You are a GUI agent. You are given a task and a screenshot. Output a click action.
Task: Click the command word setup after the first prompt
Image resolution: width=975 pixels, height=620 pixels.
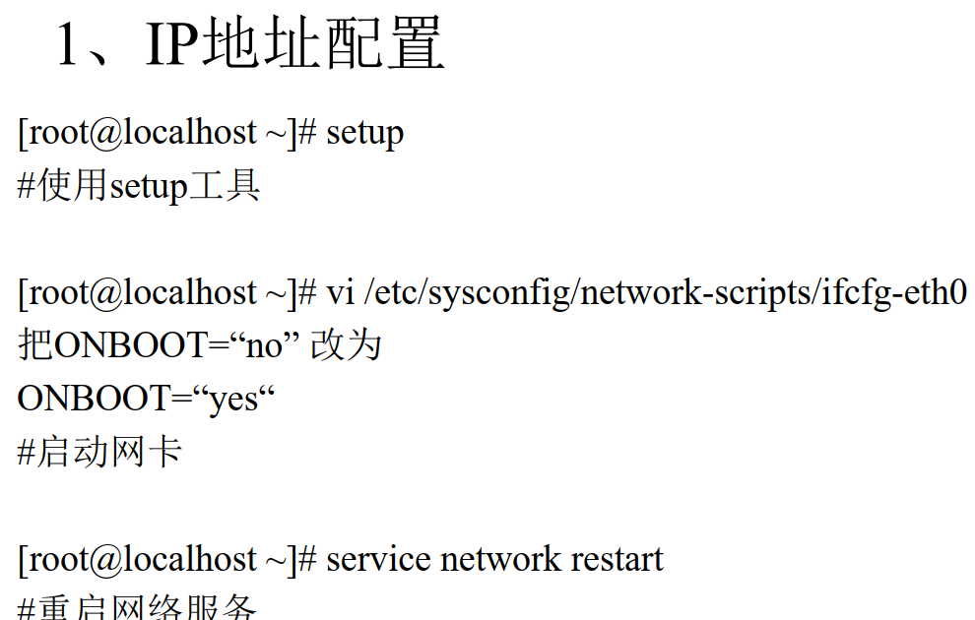coord(364,133)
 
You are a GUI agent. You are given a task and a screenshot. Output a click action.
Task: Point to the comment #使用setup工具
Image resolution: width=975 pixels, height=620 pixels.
coord(139,185)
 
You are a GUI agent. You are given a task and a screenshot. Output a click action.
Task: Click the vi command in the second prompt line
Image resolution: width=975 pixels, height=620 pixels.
coord(339,292)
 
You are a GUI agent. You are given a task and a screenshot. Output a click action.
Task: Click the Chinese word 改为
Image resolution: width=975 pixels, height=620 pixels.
coord(346,345)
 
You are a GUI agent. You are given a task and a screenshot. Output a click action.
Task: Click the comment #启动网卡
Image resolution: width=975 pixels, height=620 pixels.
coord(99,453)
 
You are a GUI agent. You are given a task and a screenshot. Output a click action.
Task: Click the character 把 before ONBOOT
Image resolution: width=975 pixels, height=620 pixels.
coord(35,345)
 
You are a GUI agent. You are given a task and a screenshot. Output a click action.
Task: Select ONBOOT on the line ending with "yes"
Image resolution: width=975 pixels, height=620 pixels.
coord(94,400)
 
